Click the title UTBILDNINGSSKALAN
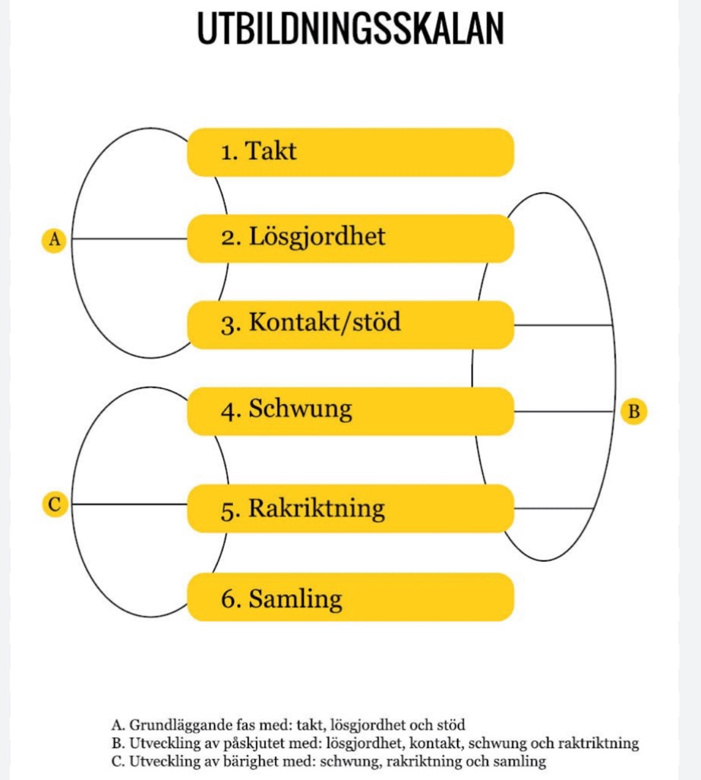(350, 30)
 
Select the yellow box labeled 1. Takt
(350, 152)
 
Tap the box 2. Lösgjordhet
(350, 238)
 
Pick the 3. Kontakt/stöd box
(350, 324)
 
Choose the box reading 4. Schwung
(350, 411)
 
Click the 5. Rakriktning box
(350, 508)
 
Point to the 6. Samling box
(350, 598)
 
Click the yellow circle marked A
(54, 239)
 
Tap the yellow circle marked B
(634, 412)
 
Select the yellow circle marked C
(54, 504)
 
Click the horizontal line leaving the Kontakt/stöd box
(562, 325)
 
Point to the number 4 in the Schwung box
(228, 411)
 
